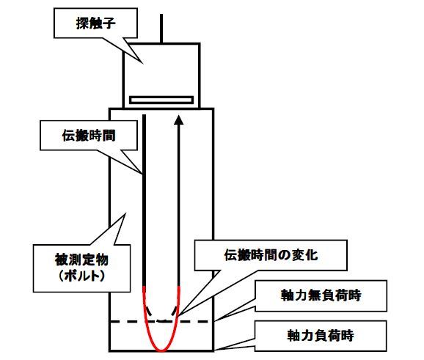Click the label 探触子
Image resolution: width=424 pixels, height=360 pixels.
click(x=95, y=23)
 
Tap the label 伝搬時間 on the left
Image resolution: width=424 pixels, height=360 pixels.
click(x=89, y=136)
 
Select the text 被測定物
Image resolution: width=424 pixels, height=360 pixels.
click(x=81, y=260)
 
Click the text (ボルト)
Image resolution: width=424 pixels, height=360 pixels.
click(x=81, y=276)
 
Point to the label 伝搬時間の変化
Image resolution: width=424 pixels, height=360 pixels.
click(x=271, y=255)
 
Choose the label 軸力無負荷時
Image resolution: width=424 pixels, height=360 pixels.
click(x=321, y=295)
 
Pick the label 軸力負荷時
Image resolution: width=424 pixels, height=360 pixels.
click(x=321, y=335)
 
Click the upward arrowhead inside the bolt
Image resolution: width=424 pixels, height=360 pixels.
click(x=178, y=120)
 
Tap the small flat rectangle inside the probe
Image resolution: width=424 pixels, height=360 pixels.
click(x=161, y=100)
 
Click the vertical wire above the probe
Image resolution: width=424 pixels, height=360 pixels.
click(x=161, y=29)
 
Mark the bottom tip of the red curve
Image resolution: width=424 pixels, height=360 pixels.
click(x=161, y=350)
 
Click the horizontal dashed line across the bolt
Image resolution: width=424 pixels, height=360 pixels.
click(x=161, y=322)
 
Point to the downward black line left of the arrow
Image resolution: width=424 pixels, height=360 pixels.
click(x=144, y=201)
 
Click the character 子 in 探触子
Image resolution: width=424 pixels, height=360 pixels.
click(x=109, y=23)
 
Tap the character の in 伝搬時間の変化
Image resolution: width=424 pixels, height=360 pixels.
click(x=284, y=255)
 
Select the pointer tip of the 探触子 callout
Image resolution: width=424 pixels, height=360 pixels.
click(x=142, y=63)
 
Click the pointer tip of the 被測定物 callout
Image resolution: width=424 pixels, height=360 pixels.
click(x=125, y=214)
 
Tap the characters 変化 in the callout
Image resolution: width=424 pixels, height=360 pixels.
click(x=304, y=255)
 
